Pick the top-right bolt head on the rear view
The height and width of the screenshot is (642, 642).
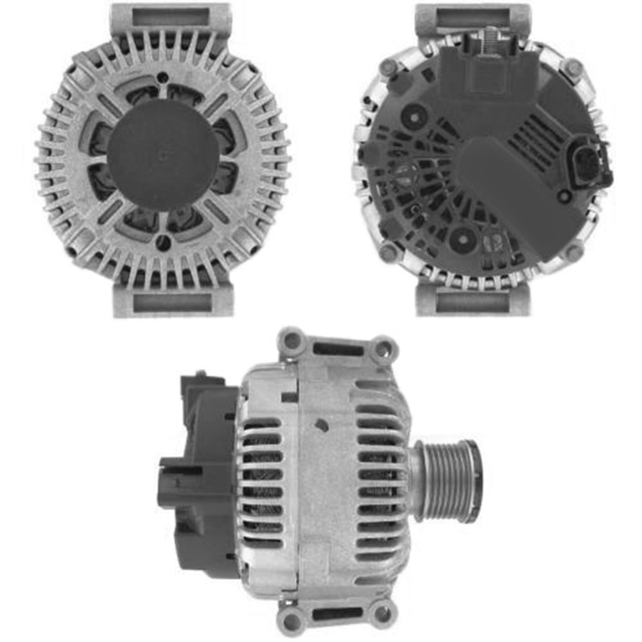pos(571,67)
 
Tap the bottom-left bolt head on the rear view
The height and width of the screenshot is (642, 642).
pos(387,253)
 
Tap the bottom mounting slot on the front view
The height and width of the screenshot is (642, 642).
pos(170,302)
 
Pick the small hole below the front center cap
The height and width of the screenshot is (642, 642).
pos(164,242)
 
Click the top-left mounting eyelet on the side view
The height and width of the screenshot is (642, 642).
pos(292,341)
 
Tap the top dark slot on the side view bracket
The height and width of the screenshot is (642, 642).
pos(338,351)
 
